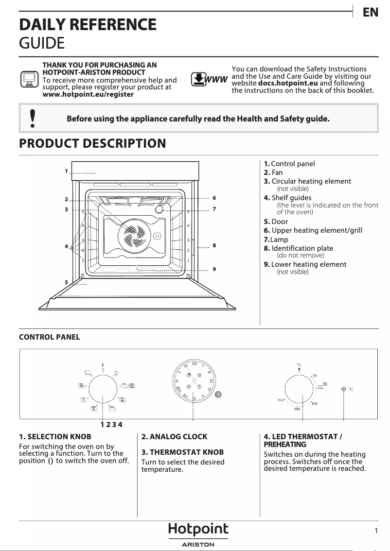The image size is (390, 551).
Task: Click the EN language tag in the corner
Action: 371,13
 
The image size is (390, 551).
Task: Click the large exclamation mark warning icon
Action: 33,119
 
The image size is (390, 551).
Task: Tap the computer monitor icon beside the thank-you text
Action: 29,79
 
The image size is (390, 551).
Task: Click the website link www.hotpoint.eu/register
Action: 88,94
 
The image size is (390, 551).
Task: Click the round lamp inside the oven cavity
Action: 160,209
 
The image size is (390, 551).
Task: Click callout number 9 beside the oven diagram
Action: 214,269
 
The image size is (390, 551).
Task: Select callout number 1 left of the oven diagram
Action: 66,172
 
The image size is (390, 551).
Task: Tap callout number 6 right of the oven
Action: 214,198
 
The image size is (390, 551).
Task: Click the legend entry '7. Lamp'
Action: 276,240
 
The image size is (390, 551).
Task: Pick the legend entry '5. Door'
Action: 276,222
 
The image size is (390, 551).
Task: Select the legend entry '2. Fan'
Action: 273,172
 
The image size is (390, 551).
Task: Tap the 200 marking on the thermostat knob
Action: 297,409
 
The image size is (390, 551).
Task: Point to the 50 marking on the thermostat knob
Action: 315,375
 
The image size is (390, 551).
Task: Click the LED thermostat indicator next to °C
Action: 344,389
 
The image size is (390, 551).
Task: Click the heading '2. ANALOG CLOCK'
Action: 174,437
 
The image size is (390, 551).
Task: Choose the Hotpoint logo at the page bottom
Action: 198,530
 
